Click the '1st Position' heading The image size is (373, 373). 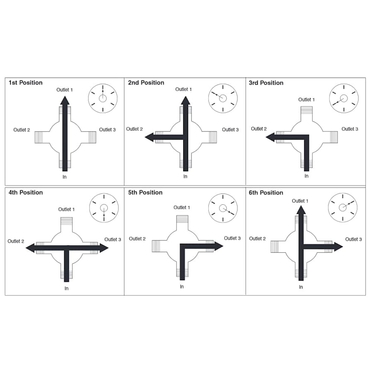coord(25,82)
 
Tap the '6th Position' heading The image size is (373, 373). coord(266,192)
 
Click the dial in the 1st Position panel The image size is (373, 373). coord(103,98)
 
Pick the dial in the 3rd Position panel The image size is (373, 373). coord(344,98)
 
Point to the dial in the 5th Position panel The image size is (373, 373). coord(223,208)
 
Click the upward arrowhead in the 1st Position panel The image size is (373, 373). coord(65,100)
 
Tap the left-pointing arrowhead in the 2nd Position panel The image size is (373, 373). coord(150,137)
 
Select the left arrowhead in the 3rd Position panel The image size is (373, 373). coord(270,137)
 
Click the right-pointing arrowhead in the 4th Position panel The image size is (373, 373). coord(104,248)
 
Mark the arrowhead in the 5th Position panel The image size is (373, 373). coord(218,246)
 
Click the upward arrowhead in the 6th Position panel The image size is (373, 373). coord(301,209)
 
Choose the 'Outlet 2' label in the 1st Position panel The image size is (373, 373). coord(22,130)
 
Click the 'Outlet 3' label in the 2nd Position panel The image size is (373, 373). coord(230,130)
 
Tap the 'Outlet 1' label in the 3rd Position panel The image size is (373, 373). coord(307,99)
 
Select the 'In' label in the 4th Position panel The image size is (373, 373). coord(66,288)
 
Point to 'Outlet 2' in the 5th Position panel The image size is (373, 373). coord(137,239)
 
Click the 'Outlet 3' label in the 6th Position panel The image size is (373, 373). coord(354,239)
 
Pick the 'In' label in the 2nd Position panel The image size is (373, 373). coord(185,177)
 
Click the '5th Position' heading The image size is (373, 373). coord(145,192)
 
